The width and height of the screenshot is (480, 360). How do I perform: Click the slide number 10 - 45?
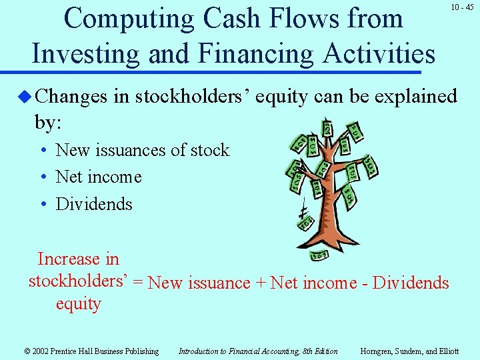pyautogui.click(x=462, y=7)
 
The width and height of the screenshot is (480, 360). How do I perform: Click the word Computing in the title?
pyautogui.click(x=126, y=18)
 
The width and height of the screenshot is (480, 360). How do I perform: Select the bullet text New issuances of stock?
pyautogui.click(x=142, y=151)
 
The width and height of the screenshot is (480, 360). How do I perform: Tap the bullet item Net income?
pyautogui.click(x=99, y=177)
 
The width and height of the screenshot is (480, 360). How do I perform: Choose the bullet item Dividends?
pyautogui.click(x=94, y=204)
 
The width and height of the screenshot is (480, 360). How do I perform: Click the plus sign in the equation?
pyautogui.click(x=260, y=283)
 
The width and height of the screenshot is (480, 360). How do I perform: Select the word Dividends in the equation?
pyautogui.click(x=411, y=283)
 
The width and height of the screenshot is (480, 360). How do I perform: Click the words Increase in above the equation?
pyautogui.click(x=78, y=259)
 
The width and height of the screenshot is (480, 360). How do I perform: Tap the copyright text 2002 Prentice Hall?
pyautogui.click(x=91, y=351)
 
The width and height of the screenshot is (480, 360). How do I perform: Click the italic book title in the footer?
pyautogui.click(x=257, y=351)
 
